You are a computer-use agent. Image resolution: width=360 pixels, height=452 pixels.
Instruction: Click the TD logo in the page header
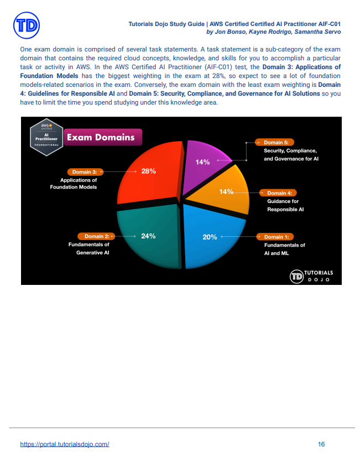pos(27,26)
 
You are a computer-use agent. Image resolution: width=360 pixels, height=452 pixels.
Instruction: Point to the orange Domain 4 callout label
pos(279,193)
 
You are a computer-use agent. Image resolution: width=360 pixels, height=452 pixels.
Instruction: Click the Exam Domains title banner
pos(101,137)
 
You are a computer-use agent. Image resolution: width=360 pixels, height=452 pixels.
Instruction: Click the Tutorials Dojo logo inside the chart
pos(312,276)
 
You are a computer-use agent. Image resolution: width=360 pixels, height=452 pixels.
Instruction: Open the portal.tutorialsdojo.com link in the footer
pos(64,444)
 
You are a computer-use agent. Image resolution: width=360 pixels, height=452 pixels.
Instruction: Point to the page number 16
pos(321,444)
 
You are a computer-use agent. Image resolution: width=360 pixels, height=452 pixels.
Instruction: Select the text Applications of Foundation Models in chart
pos(79,184)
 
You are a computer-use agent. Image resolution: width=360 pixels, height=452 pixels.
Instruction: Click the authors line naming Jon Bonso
pos(273,32)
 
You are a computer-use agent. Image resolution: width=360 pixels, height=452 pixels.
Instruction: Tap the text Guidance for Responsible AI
pos(285,205)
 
